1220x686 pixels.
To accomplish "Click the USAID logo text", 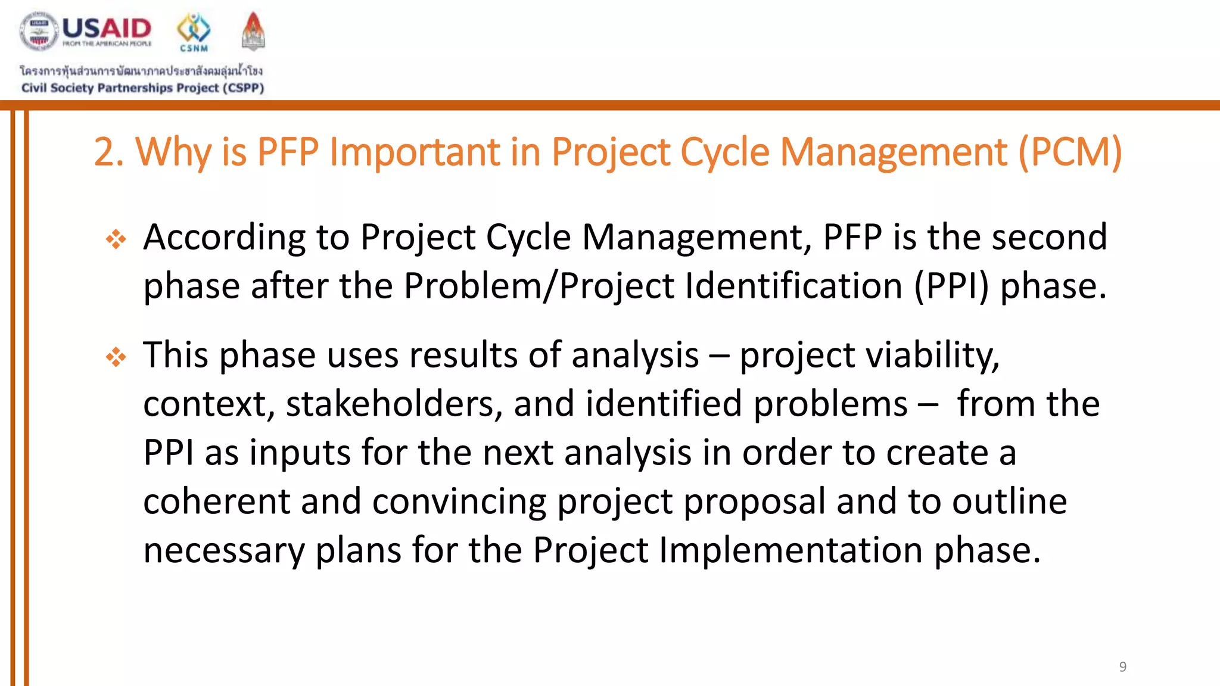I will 107,28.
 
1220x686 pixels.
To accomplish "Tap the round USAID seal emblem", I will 39,31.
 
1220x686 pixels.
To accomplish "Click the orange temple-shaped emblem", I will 253,31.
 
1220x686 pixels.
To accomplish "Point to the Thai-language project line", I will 141,71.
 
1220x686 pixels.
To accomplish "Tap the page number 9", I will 1122,666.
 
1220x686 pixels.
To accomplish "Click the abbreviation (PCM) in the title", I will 1070,152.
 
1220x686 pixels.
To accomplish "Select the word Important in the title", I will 415,152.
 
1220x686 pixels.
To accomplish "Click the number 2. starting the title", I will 109,152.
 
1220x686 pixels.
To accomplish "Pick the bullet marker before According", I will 116,239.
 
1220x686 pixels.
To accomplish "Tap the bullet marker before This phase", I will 116,357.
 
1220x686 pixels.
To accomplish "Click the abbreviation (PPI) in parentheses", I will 951,286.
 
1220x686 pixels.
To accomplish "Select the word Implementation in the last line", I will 790,550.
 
